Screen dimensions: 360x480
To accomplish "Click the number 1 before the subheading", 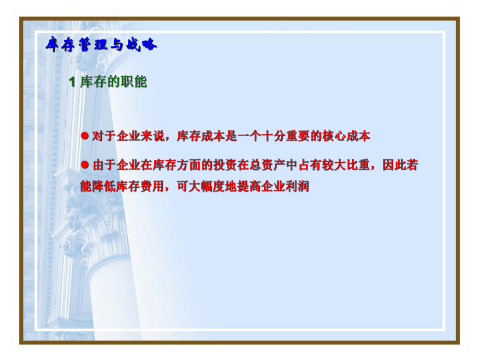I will [73, 82].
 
